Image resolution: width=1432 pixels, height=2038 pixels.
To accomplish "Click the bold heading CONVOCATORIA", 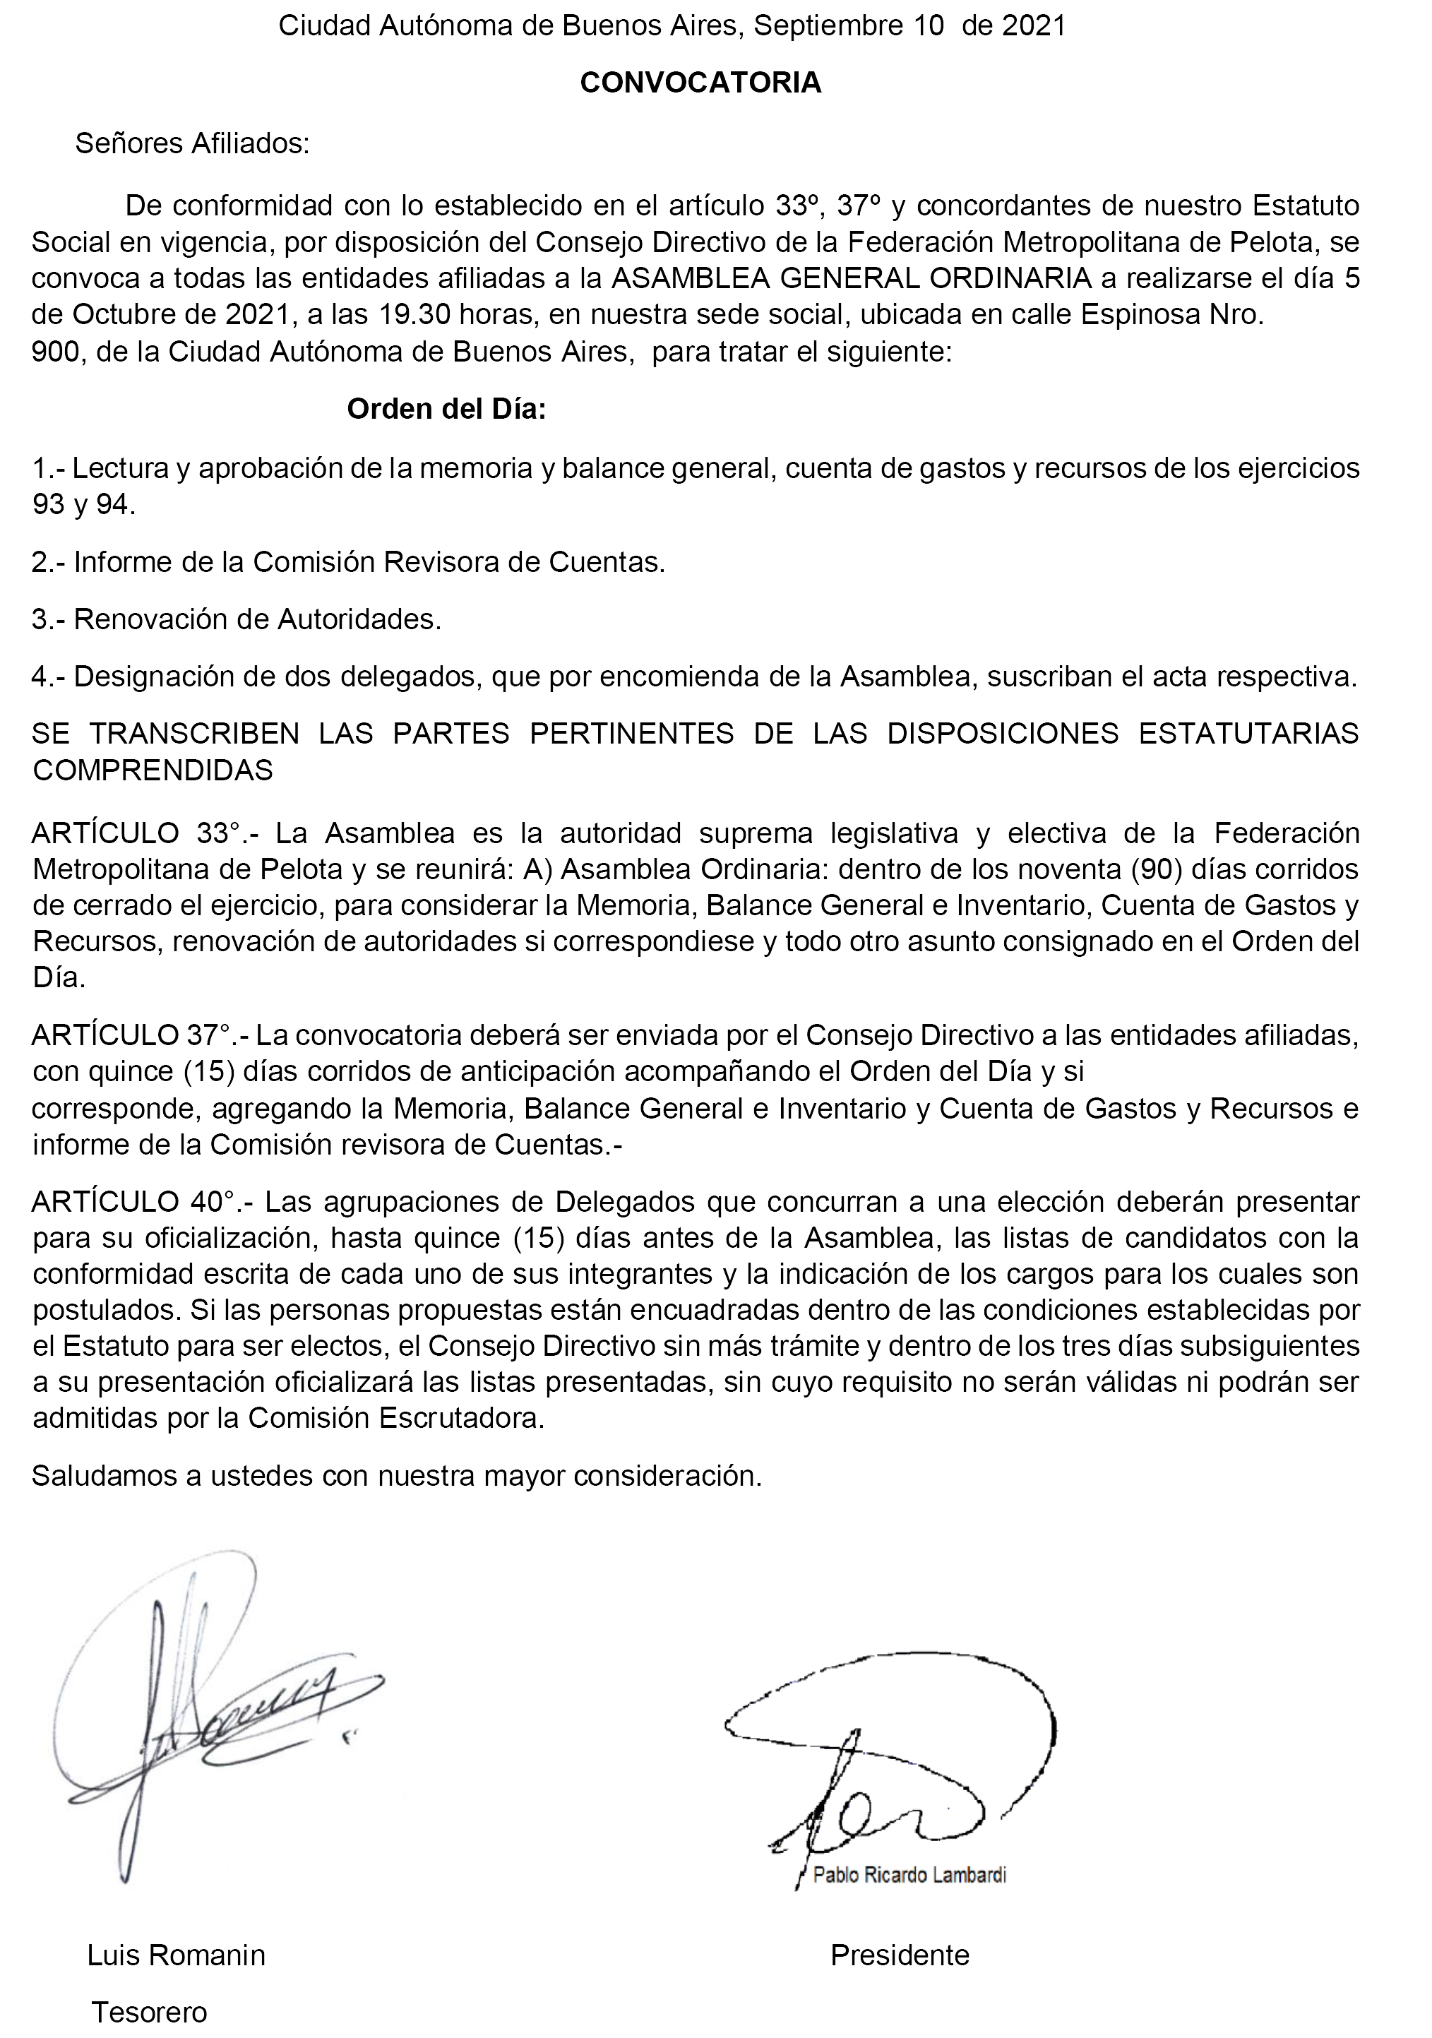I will pyautogui.click(x=700, y=83).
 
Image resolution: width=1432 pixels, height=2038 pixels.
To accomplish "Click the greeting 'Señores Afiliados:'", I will pyautogui.click(x=193, y=144).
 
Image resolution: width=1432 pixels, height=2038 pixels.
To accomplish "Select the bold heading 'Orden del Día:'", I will pyautogui.click(x=446, y=409).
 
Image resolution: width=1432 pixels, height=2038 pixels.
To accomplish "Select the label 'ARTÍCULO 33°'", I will pyautogui.click(x=135, y=833).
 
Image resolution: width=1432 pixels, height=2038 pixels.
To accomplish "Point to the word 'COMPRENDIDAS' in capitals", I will pyautogui.click(x=153, y=770).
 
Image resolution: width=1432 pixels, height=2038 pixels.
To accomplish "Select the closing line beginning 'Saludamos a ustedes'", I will pyautogui.click(x=397, y=1475).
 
